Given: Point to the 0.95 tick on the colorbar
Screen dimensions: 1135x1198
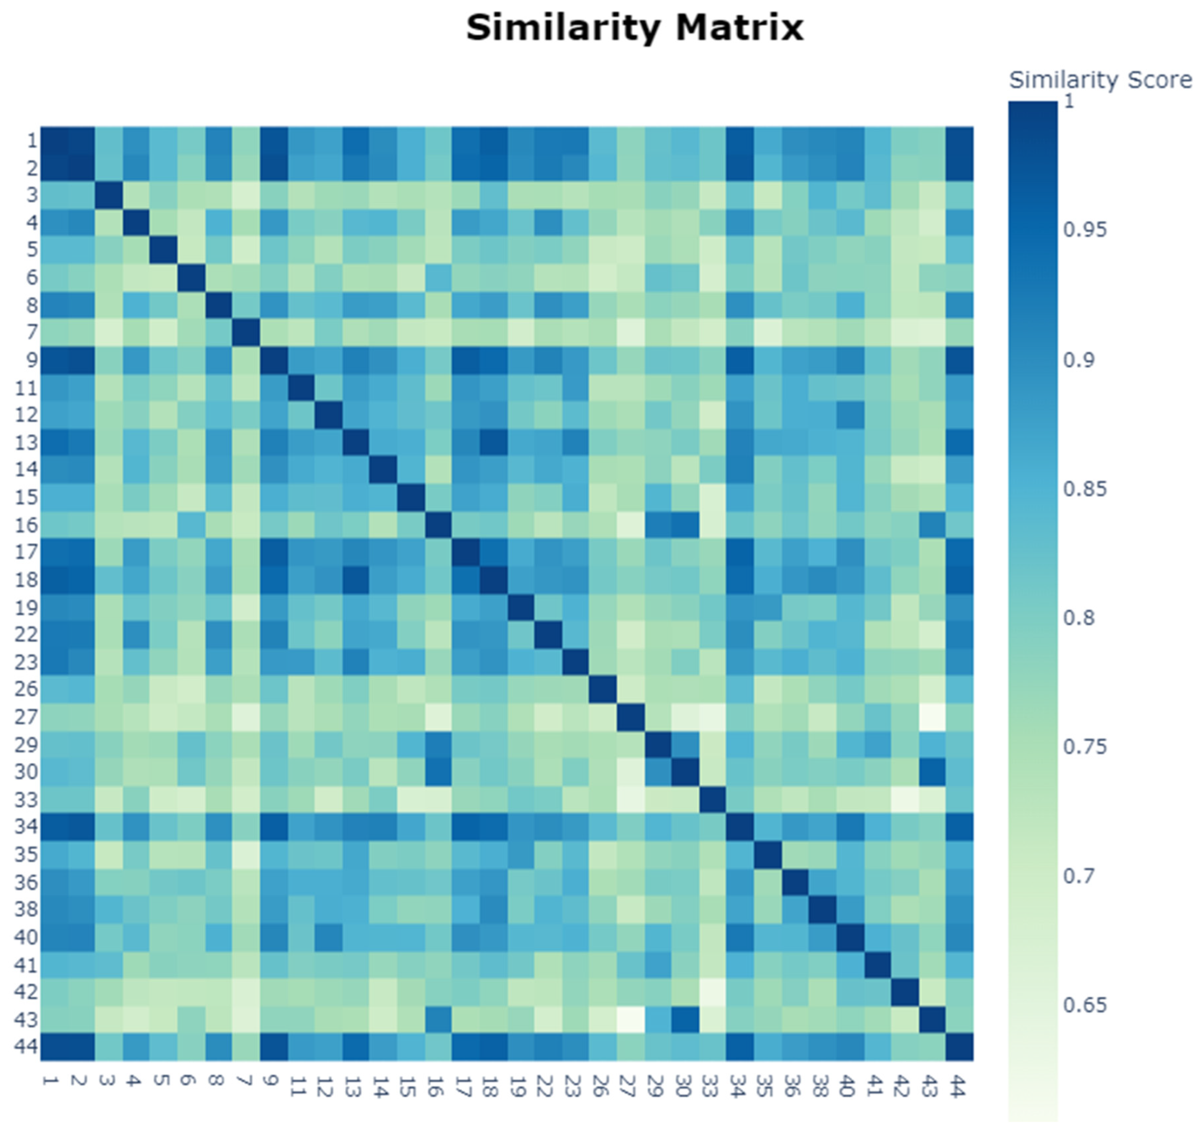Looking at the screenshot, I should pos(1085,230).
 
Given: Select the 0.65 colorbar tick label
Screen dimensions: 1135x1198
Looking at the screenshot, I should pos(1085,1005).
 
